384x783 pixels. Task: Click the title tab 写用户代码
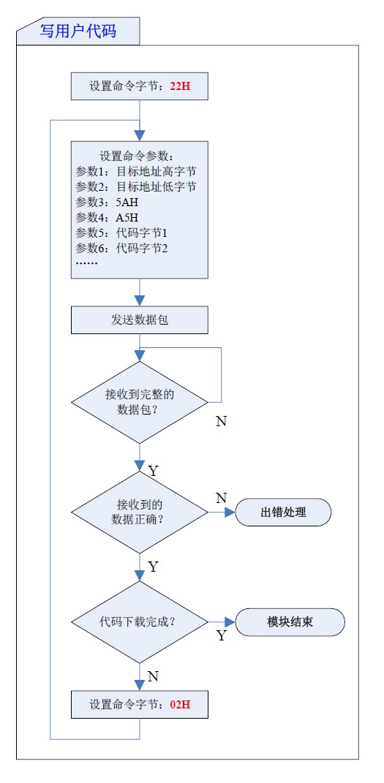(x=78, y=31)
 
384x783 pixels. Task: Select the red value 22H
(x=180, y=86)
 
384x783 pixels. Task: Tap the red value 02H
(x=180, y=705)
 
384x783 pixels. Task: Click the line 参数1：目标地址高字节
(x=135, y=171)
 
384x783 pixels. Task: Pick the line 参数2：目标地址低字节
(x=135, y=186)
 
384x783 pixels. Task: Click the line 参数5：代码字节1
(x=122, y=232)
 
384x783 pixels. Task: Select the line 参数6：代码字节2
(x=122, y=248)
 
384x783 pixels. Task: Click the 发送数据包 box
(x=139, y=320)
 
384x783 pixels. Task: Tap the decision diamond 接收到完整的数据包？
(x=139, y=401)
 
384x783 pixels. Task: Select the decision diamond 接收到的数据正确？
(x=139, y=512)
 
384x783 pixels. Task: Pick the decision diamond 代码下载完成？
(x=139, y=622)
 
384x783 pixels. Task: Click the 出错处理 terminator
(x=283, y=512)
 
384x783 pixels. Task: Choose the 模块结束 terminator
(x=290, y=622)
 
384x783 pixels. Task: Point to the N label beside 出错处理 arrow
(x=221, y=498)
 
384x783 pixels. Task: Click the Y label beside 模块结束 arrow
(x=221, y=636)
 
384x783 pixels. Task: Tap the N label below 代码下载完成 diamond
(x=153, y=676)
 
